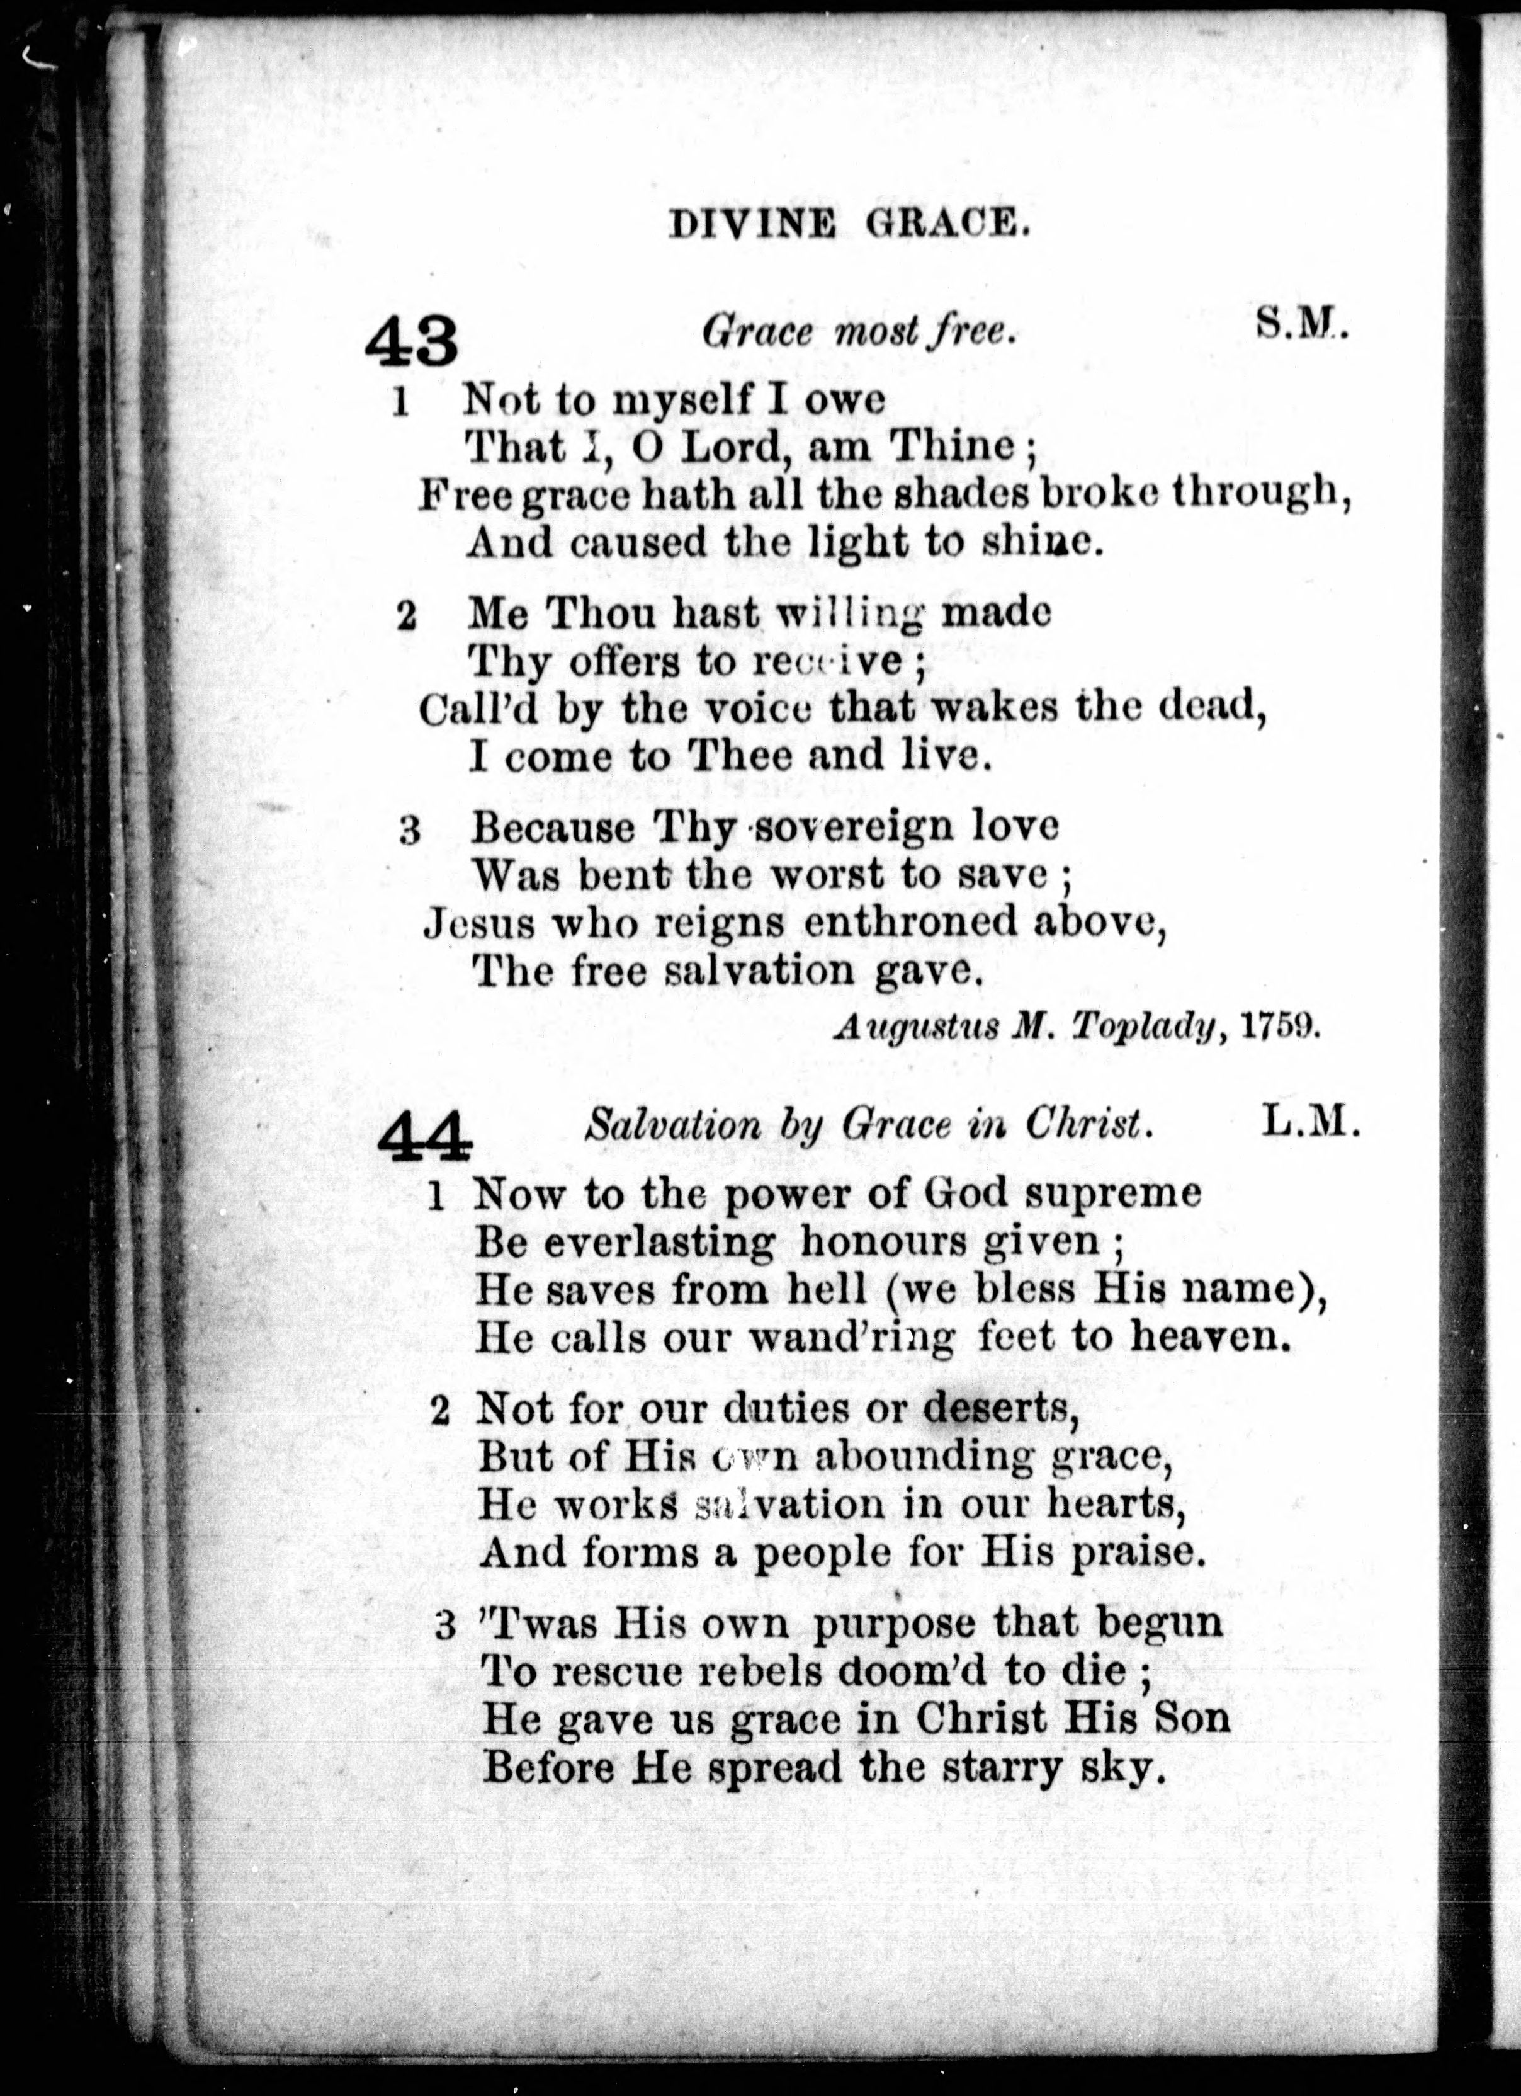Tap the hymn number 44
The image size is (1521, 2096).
point(424,1135)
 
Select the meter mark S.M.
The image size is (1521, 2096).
point(1301,324)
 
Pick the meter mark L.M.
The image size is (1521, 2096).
point(1310,1124)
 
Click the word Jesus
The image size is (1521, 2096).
point(478,923)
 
